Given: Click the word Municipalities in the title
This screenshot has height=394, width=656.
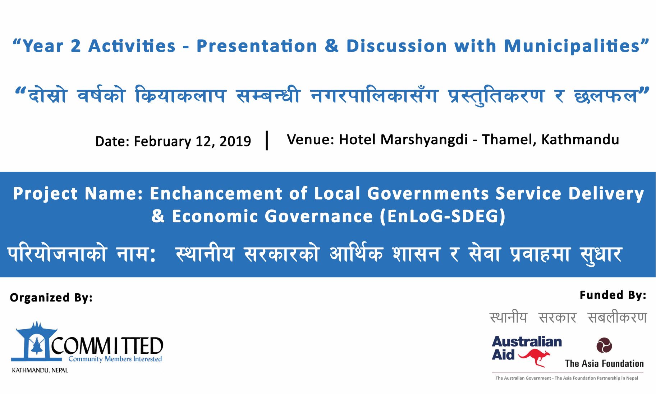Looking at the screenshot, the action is [x=572, y=46].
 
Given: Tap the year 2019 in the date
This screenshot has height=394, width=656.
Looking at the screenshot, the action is [x=235, y=141].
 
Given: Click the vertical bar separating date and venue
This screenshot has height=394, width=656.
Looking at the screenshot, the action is [x=267, y=140].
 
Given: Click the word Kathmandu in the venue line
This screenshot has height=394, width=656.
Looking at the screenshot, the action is [x=580, y=140].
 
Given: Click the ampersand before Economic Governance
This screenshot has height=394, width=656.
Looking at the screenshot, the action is [x=158, y=216].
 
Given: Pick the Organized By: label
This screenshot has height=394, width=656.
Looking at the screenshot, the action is [x=51, y=298].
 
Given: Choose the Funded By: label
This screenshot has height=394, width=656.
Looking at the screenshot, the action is [x=613, y=295].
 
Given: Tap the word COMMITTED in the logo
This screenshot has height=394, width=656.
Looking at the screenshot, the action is [x=107, y=346].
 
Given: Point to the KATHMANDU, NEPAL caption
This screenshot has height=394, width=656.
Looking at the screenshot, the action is [x=40, y=370].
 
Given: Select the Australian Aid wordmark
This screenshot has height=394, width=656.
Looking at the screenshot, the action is [x=527, y=348].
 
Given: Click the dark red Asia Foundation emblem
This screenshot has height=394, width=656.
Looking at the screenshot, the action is [x=604, y=345].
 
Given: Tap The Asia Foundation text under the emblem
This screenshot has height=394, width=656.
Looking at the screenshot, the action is [x=604, y=363].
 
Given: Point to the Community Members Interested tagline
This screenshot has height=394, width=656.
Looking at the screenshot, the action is [x=115, y=359].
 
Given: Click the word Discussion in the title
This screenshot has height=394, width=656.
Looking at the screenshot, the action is [x=396, y=46].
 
